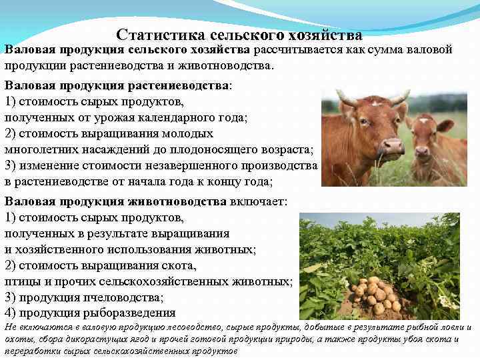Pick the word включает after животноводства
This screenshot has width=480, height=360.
click(x=259, y=201)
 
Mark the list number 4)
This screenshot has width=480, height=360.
click(x=11, y=313)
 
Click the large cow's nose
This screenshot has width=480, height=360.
click(x=393, y=146)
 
